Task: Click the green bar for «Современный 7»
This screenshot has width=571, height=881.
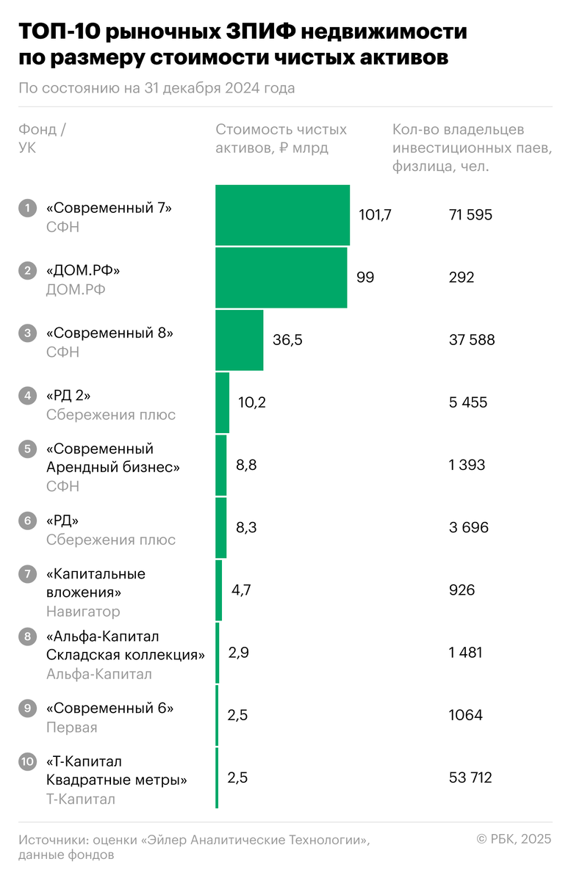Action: pos(282,215)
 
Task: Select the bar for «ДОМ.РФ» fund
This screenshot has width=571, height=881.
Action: pos(281,278)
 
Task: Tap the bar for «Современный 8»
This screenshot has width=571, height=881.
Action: pos(239,340)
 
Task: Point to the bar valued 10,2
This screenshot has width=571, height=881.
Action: pos(222,402)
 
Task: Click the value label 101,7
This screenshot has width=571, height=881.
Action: pos(375,215)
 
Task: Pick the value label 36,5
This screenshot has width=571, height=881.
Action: pos(287,340)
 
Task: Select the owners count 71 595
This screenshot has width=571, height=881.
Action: pos(470,215)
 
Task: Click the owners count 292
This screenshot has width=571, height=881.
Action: pos(462,278)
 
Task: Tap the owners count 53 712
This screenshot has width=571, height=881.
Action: pos(470,777)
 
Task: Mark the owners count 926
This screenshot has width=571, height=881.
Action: pos(462,590)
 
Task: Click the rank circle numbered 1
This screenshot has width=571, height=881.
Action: pos(27,208)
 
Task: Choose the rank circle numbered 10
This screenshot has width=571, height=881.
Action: pos(27,761)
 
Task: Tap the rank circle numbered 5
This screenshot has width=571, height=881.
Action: pos(27,449)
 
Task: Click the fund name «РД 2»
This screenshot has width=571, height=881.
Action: pos(68,396)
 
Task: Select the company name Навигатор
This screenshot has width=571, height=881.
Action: pos(83,611)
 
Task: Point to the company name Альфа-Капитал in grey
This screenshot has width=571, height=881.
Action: pos(98,674)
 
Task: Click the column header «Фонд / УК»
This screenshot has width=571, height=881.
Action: pos(42,138)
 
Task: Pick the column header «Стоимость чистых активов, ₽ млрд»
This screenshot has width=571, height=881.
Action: pos(281,138)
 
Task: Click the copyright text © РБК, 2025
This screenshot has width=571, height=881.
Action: pos(514,839)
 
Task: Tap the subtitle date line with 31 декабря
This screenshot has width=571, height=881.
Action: pos(157,88)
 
